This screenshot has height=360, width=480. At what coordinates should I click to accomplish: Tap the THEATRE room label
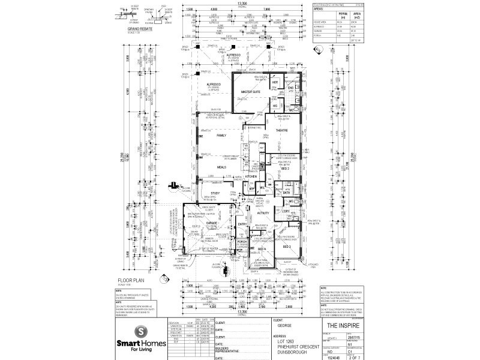coord(282,130)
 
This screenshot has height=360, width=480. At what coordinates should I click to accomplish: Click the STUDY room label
coord(215,193)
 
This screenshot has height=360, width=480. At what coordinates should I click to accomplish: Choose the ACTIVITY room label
coord(263,212)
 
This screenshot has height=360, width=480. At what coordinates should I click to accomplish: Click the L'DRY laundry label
coord(286,211)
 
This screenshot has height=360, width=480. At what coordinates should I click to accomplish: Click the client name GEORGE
coord(284,325)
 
